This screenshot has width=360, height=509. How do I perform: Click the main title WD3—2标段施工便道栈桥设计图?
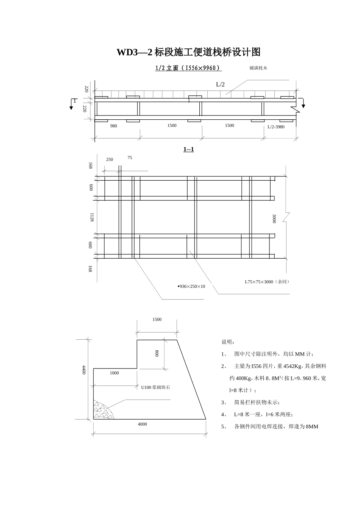pyautogui.click(x=188, y=52)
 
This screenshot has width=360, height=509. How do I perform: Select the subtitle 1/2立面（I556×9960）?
pyautogui.click(x=188, y=68)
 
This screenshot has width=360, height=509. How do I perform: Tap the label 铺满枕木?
pyautogui.click(x=258, y=68)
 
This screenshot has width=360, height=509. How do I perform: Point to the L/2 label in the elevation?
pyautogui.click(x=220, y=84)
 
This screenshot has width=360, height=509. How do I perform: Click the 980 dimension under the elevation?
pyautogui.click(x=114, y=126)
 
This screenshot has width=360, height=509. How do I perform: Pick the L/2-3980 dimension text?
pyautogui.click(x=276, y=127)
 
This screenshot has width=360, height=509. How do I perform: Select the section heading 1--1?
pyautogui.click(x=188, y=149)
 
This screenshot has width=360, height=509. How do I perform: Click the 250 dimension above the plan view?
pyautogui.click(x=110, y=159)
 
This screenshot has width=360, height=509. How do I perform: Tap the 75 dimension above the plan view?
pyautogui.click(x=130, y=158)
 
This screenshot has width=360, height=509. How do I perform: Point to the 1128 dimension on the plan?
pyautogui.click(x=92, y=217)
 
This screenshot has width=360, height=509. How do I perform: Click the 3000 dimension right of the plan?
pyautogui.click(x=274, y=219)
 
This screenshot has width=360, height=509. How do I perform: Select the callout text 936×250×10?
pyautogui.click(x=192, y=286)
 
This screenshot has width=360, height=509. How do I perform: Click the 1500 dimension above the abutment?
pyautogui.click(x=157, y=320)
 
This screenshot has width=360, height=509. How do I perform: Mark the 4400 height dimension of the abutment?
pyautogui.click(x=84, y=370)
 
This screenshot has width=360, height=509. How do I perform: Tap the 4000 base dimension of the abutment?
pyautogui.click(x=142, y=424)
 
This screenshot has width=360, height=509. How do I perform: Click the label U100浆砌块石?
pyautogui.click(x=155, y=387)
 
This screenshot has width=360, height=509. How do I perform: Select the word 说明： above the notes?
pyautogui.click(x=228, y=342)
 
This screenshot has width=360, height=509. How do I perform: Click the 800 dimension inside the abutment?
pyautogui.click(x=157, y=353)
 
